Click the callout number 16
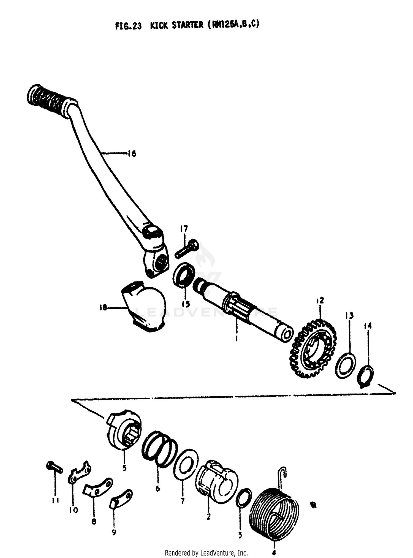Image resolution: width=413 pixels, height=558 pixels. [x=132, y=153]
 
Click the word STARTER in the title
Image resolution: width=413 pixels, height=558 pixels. [x=188, y=25]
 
